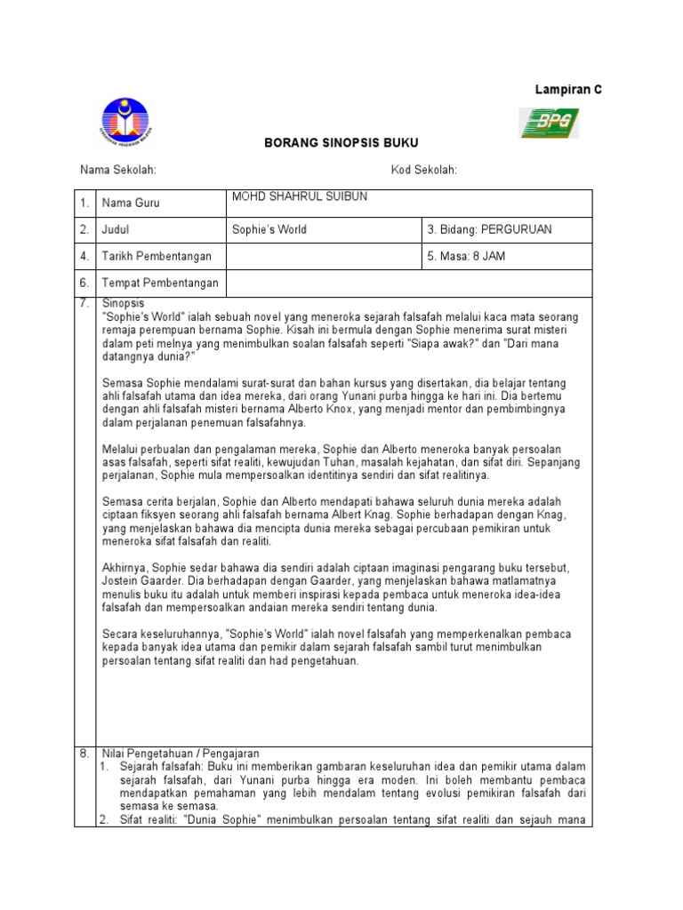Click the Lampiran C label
pyautogui.click(x=567, y=90)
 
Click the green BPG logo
pyautogui.click(x=549, y=123)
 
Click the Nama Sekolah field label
pyautogui.click(x=118, y=170)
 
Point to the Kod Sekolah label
pyautogui.click(x=423, y=170)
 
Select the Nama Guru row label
pyautogui.click(x=131, y=204)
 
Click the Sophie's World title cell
pyautogui.click(x=269, y=229)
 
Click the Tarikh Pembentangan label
pyautogui.click(x=157, y=257)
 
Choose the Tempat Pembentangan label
pyautogui.click(x=160, y=283)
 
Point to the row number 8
pyautogui.click(x=85, y=753)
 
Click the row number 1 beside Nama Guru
pyautogui.click(x=85, y=204)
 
